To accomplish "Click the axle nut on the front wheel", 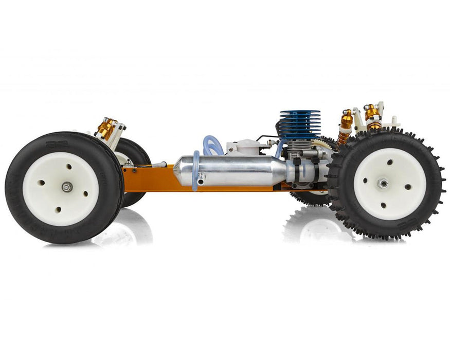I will pyautogui.click(x=67, y=187).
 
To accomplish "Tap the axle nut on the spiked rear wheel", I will pyautogui.click(x=383, y=183).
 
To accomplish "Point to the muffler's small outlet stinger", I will pyautogui.click(x=201, y=178).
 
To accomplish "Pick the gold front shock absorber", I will pyautogui.click(x=107, y=128).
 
